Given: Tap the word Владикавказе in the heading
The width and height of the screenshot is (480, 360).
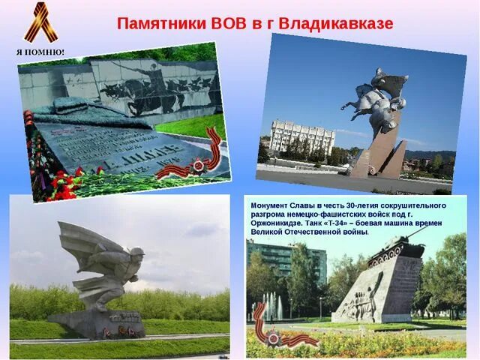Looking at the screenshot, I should click(x=335, y=23).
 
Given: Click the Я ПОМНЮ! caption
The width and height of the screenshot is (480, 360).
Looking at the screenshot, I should click(x=40, y=52).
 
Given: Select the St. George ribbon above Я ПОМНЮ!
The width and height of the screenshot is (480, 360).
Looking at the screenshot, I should click(x=40, y=22).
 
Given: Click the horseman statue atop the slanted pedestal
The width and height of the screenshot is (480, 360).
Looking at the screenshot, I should click(x=379, y=97).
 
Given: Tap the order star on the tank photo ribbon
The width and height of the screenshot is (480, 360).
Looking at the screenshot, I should click(x=273, y=338).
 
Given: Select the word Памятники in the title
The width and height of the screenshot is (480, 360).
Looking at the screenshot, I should click(x=158, y=23).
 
